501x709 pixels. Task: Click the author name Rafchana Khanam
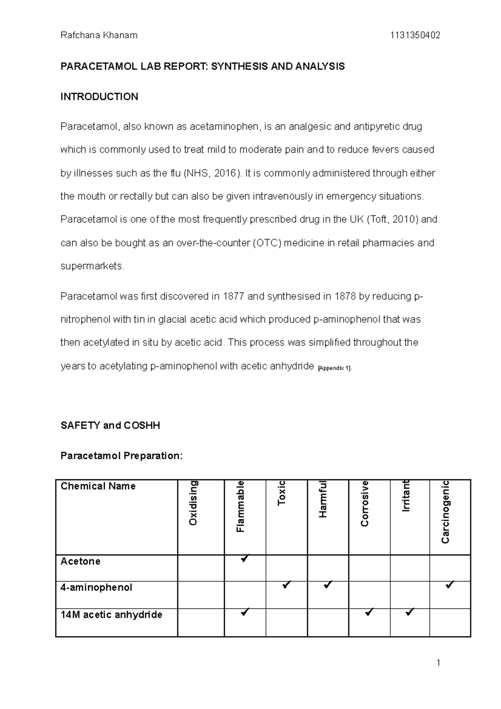click(99, 35)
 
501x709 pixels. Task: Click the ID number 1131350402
click(415, 35)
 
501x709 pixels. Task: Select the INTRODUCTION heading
click(99, 97)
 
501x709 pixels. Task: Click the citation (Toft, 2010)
click(392, 219)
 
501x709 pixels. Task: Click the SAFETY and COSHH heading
click(110, 425)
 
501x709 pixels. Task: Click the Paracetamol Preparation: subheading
click(121, 456)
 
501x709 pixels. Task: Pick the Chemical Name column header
click(98, 486)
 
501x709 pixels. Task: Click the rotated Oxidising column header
click(193, 503)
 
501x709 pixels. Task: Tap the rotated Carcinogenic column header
click(445, 512)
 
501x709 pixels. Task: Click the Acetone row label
click(81, 561)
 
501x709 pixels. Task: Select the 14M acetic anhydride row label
click(111, 615)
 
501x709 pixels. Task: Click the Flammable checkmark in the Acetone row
click(245, 558)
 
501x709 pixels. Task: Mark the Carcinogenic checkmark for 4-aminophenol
click(450, 585)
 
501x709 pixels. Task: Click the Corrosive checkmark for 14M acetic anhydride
click(369, 613)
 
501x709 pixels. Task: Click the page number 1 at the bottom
click(438, 663)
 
